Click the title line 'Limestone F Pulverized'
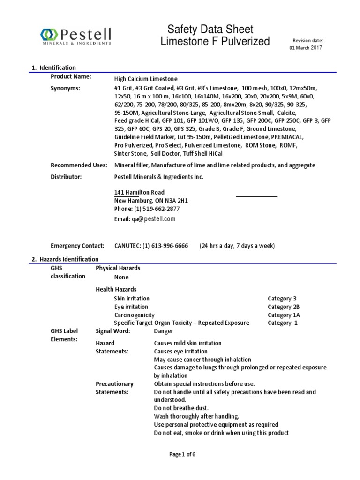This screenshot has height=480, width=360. (x=215, y=42)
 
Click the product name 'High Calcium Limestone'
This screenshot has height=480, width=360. (x=146, y=79)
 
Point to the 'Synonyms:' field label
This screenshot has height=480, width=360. (x=65, y=88)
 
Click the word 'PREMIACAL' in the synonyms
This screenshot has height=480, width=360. (x=287, y=137)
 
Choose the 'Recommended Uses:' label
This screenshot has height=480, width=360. (x=79, y=165)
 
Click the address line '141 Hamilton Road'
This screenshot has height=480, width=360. (x=139, y=192)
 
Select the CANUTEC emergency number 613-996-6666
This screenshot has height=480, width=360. (x=162, y=246)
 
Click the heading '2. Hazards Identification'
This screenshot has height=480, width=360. (x=65, y=259)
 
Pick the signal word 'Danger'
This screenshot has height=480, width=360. (x=164, y=331)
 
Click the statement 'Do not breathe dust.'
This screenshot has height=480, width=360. (x=181, y=408)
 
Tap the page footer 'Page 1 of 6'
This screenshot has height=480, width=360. (x=182, y=454)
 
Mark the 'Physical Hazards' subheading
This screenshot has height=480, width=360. (x=118, y=268)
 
